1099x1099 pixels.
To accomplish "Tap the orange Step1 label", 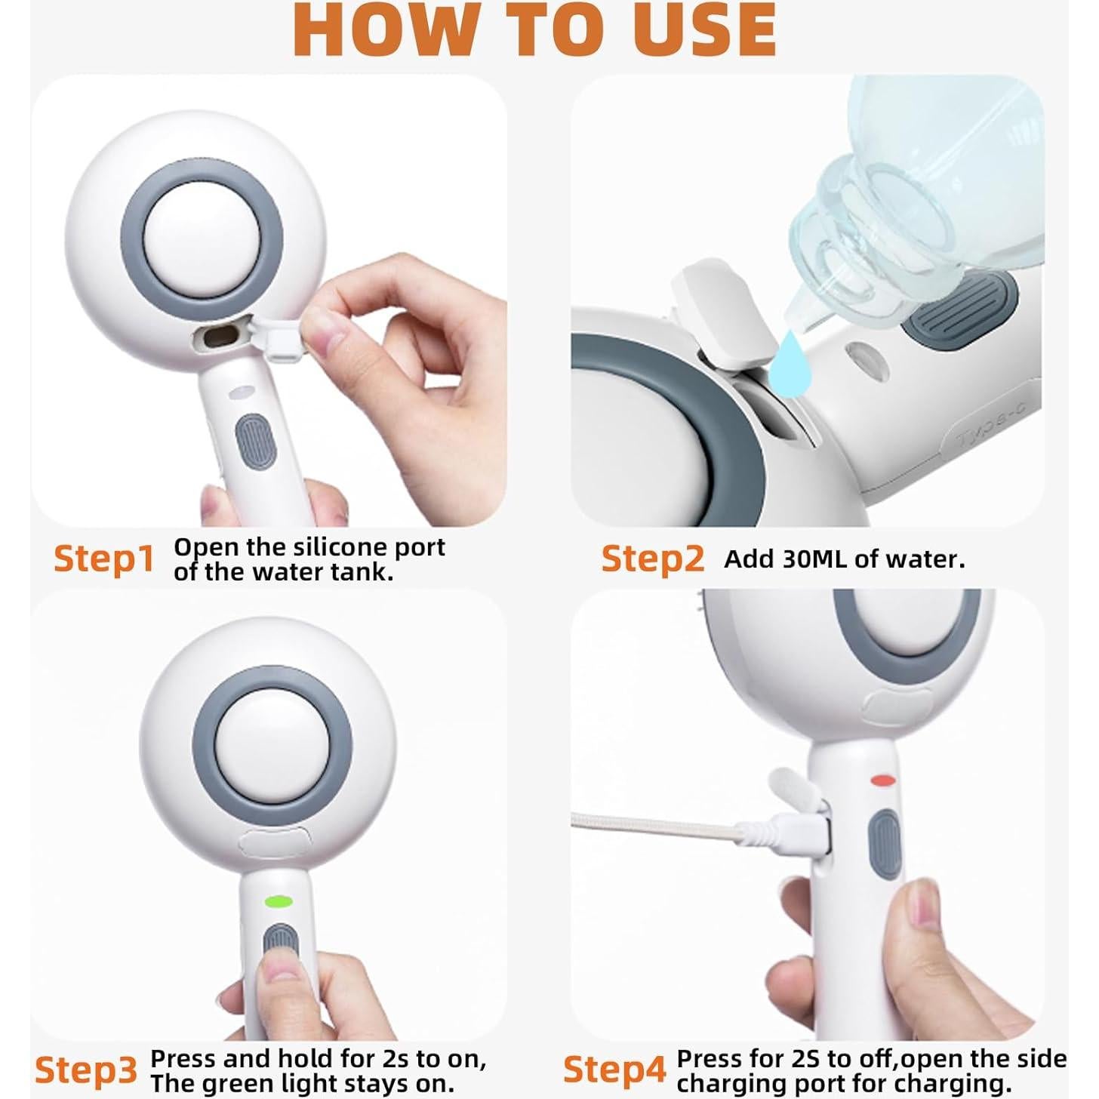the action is point(103,559).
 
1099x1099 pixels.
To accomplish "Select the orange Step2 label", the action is point(652,559).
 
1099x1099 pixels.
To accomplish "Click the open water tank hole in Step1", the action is point(220,337).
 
